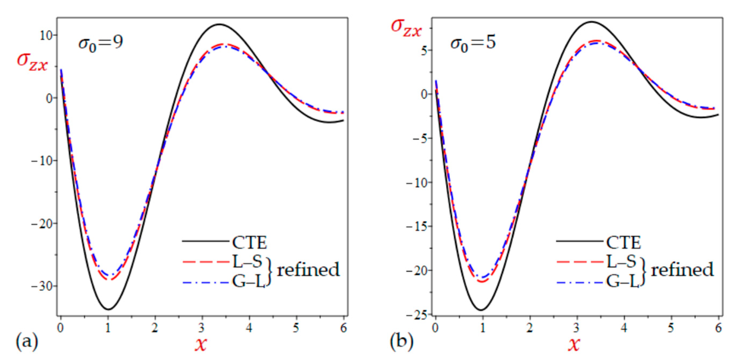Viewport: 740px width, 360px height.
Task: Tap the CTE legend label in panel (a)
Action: point(249,243)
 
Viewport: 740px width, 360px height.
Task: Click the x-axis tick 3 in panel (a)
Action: point(202,327)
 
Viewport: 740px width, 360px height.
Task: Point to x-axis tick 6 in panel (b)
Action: point(718,327)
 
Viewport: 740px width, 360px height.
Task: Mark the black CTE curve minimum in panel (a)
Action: point(108,309)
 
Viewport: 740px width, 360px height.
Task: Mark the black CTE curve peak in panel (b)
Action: point(591,21)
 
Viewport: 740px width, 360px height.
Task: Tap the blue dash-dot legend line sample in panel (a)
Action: point(205,283)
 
